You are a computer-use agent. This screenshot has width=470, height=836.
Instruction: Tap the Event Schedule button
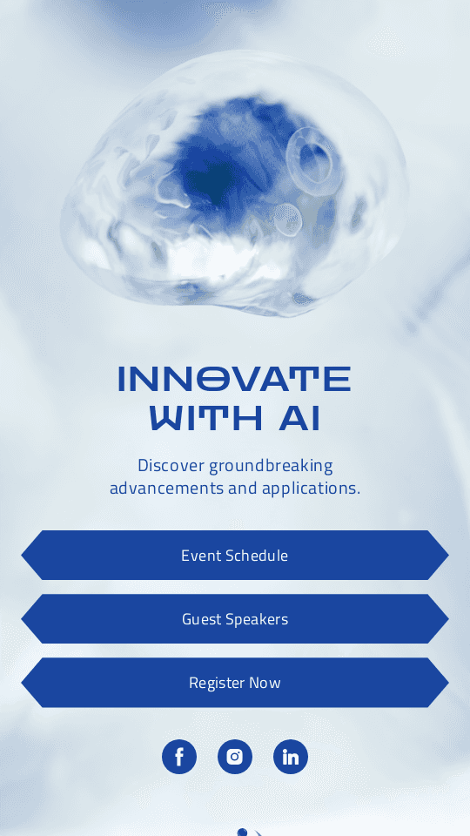pos(235,556)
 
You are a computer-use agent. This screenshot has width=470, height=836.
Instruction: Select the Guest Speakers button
pos(235,619)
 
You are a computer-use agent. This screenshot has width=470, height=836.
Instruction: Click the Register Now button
pos(235,683)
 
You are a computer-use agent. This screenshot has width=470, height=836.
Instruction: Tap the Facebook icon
pos(179,757)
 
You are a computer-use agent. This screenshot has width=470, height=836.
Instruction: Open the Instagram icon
pos(235,757)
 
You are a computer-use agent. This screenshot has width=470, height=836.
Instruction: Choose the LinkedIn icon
pos(291,757)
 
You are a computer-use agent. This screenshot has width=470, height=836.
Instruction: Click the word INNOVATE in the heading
pos(234,380)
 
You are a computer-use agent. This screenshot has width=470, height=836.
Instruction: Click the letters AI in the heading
pos(300,419)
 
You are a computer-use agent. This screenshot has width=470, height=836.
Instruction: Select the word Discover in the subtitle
pos(171,466)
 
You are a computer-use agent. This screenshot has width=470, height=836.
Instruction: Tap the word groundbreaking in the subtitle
pos(271,466)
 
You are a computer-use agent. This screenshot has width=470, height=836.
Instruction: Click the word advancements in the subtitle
pos(166,488)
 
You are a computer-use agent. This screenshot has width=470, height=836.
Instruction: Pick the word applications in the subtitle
pos(311,488)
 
